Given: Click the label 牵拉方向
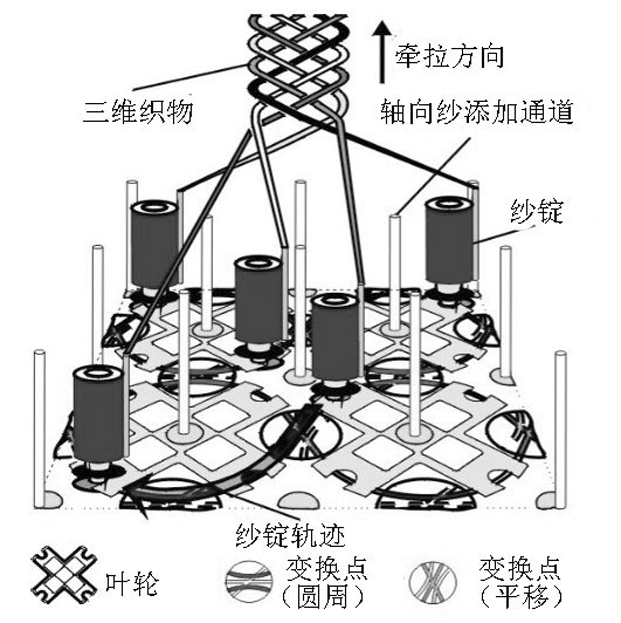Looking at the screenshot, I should tap(449, 57).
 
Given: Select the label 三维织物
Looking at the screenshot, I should tap(137, 111).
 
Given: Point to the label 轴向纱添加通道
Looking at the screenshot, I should tap(477, 111).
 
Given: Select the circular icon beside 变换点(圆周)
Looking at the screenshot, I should tap(249, 581).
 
